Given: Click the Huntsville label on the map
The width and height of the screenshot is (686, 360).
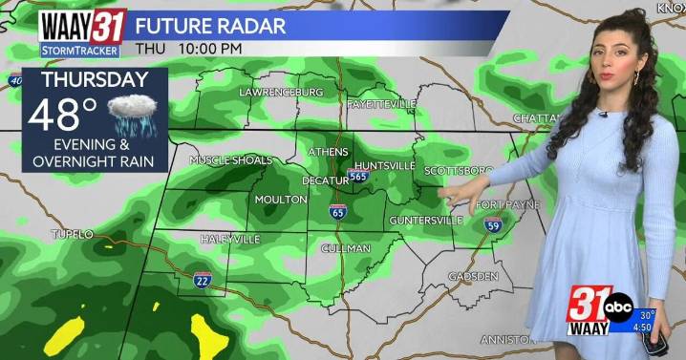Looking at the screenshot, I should click(384, 165).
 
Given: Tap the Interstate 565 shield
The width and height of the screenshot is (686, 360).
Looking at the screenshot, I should click(358, 176).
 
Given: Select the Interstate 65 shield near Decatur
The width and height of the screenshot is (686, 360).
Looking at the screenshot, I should click(337, 212).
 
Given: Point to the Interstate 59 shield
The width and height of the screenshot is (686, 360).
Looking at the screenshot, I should click(493, 225).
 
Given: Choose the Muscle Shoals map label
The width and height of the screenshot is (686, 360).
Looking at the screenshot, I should click(230, 159).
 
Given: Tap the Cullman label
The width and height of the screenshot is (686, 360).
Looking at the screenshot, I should click(346, 248).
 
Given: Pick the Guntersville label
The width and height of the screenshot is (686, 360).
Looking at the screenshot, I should click(426, 221).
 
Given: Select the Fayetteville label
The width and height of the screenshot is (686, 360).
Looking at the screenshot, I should click(381, 102).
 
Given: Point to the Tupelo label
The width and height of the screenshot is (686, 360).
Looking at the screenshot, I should click(73, 234).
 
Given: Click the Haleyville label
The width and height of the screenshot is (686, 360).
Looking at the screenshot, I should click(230, 239).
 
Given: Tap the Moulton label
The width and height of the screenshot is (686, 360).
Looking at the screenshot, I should click(281, 200).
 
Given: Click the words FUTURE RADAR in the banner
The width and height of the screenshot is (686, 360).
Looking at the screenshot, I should click(210, 26).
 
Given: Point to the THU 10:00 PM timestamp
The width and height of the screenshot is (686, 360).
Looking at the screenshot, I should click(188, 48).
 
